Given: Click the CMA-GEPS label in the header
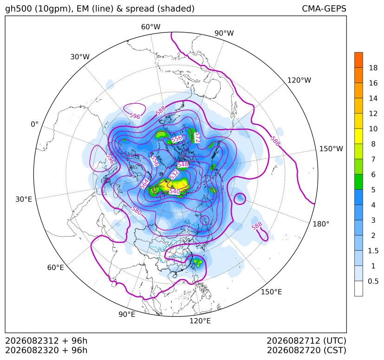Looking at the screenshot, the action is (x=324, y=8).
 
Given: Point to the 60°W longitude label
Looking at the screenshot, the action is (x=150, y=27).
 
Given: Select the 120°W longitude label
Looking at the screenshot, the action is (x=299, y=80).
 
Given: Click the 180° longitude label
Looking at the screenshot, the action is (x=321, y=224).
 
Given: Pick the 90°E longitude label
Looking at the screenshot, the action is (x=127, y=315).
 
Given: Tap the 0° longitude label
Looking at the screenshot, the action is (x=35, y=124).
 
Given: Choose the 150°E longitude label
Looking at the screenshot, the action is (x=271, y=292).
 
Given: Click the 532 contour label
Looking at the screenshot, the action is (x=174, y=174).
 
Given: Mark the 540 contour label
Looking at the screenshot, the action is (x=175, y=192).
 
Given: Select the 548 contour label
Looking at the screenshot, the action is (x=182, y=164).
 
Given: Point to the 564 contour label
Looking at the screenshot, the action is (x=144, y=184).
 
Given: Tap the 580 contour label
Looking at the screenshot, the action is (x=137, y=211).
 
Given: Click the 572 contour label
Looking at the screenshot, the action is (x=197, y=137).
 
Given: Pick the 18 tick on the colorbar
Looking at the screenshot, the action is (x=373, y=68).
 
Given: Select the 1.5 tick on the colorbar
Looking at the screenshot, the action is (x=373, y=251).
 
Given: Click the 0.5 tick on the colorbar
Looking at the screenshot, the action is (x=373, y=281).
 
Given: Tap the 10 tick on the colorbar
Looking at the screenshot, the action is (x=373, y=129).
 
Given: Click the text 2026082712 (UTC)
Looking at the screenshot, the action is (x=306, y=341).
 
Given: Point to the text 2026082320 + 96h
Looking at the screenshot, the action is (x=46, y=350).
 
